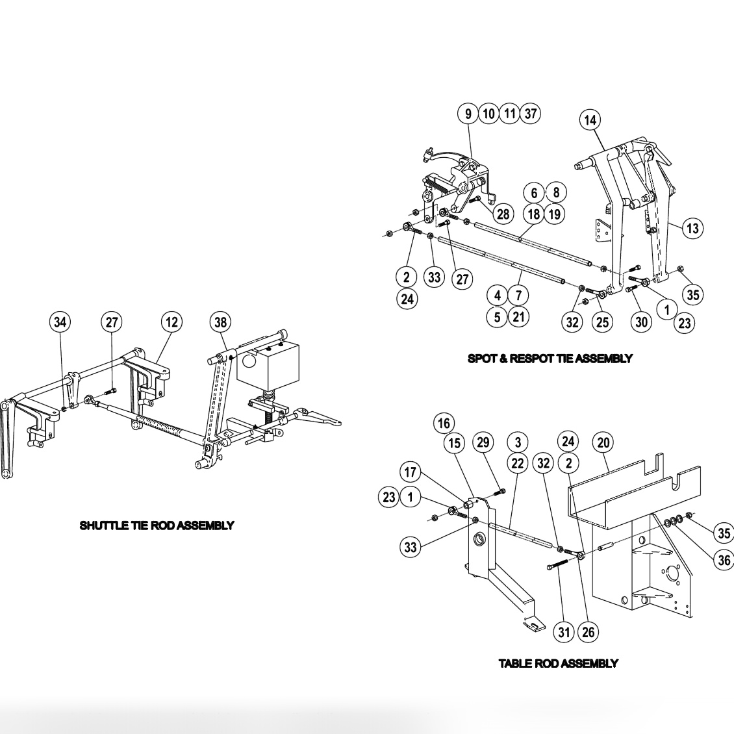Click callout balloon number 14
click(x=590, y=120)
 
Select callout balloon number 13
click(x=692, y=228)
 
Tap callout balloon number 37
click(x=531, y=114)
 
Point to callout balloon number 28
click(x=503, y=214)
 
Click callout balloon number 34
click(x=60, y=322)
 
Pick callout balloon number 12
click(x=171, y=322)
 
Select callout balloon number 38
click(x=221, y=322)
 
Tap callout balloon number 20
click(x=603, y=442)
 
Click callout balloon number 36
click(x=724, y=559)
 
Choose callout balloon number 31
click(x=564, y=631)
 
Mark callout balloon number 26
click(x=588, y=631)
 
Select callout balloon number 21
click(x=518, y=316)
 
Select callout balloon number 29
click(x=482, y=442)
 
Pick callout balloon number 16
click(x=444, y=423)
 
